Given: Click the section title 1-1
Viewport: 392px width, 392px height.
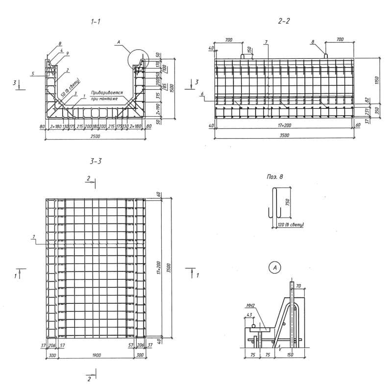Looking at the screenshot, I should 96,22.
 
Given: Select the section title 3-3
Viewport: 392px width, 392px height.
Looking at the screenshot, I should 96,160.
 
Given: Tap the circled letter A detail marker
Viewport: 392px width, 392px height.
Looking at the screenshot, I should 275,268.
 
